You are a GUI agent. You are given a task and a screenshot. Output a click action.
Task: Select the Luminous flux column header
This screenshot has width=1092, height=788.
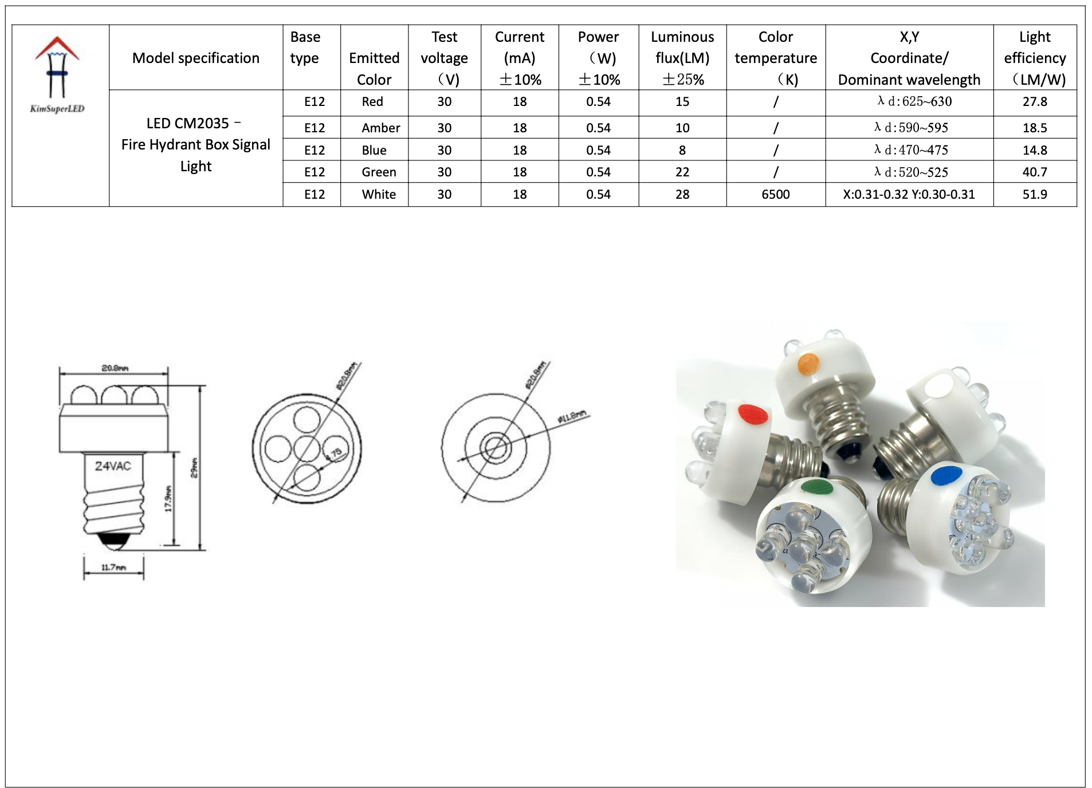click(682, 58)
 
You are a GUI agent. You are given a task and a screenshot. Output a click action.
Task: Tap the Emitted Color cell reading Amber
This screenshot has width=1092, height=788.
click(380, 128)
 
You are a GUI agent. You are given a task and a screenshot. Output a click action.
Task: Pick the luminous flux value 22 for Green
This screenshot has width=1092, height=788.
click(682, 172)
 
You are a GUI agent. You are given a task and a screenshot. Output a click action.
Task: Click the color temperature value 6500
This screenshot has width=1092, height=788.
click(775, 194)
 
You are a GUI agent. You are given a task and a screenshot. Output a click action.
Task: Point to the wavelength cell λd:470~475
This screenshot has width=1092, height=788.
click(911, 150)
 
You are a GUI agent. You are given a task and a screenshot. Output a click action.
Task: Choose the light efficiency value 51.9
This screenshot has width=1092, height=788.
click(1034, 194)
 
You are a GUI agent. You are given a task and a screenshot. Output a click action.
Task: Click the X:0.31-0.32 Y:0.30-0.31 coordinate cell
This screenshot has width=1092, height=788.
click(909, 194)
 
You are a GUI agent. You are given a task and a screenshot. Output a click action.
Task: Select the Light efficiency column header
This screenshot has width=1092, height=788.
click(1034, 58)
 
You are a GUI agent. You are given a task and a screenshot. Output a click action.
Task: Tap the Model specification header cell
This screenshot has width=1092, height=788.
click(195, 58)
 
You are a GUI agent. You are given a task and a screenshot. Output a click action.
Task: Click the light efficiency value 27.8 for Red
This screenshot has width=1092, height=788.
click(1034, 102)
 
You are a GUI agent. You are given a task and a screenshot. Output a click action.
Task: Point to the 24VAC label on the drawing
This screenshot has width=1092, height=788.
click(113, 466)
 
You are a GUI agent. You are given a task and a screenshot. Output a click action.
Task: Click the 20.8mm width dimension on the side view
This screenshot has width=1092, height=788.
click(115, 368)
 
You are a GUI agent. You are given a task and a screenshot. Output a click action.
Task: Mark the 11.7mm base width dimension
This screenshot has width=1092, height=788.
click(113, 568)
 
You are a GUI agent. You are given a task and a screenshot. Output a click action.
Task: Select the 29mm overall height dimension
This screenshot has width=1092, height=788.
click(194, 467)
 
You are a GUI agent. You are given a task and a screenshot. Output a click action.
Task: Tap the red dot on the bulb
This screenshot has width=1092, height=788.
click(752, 414)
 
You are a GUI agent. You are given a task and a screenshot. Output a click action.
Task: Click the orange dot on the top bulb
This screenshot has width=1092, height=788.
click(808, 363)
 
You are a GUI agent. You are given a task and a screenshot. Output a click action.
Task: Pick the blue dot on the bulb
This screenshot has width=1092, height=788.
click(946, 476)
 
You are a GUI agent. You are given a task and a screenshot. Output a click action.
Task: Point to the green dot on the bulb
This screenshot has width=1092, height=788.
click(816, 487)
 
